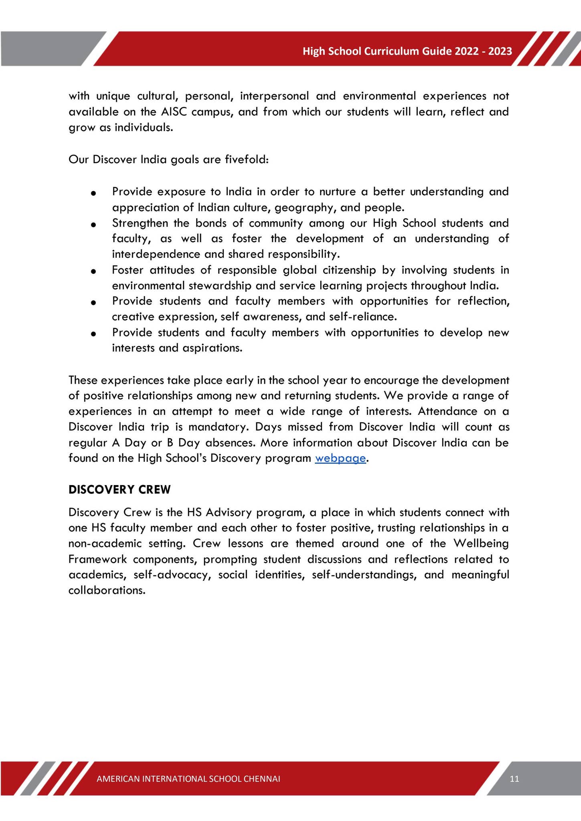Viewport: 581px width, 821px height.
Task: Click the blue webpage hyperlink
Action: click(340, 458)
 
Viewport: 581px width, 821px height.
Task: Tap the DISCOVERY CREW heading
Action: click(119, 489)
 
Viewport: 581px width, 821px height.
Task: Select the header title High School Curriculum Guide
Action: click(407, 51)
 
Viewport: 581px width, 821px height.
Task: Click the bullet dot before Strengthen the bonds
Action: click(93, 225)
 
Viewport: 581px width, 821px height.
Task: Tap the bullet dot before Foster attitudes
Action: click(93, 272)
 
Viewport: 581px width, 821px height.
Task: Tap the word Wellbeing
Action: click(481, 544)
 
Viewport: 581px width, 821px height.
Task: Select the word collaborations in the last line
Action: click(106, 590)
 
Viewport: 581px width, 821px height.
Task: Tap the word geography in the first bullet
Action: click(301, 208)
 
